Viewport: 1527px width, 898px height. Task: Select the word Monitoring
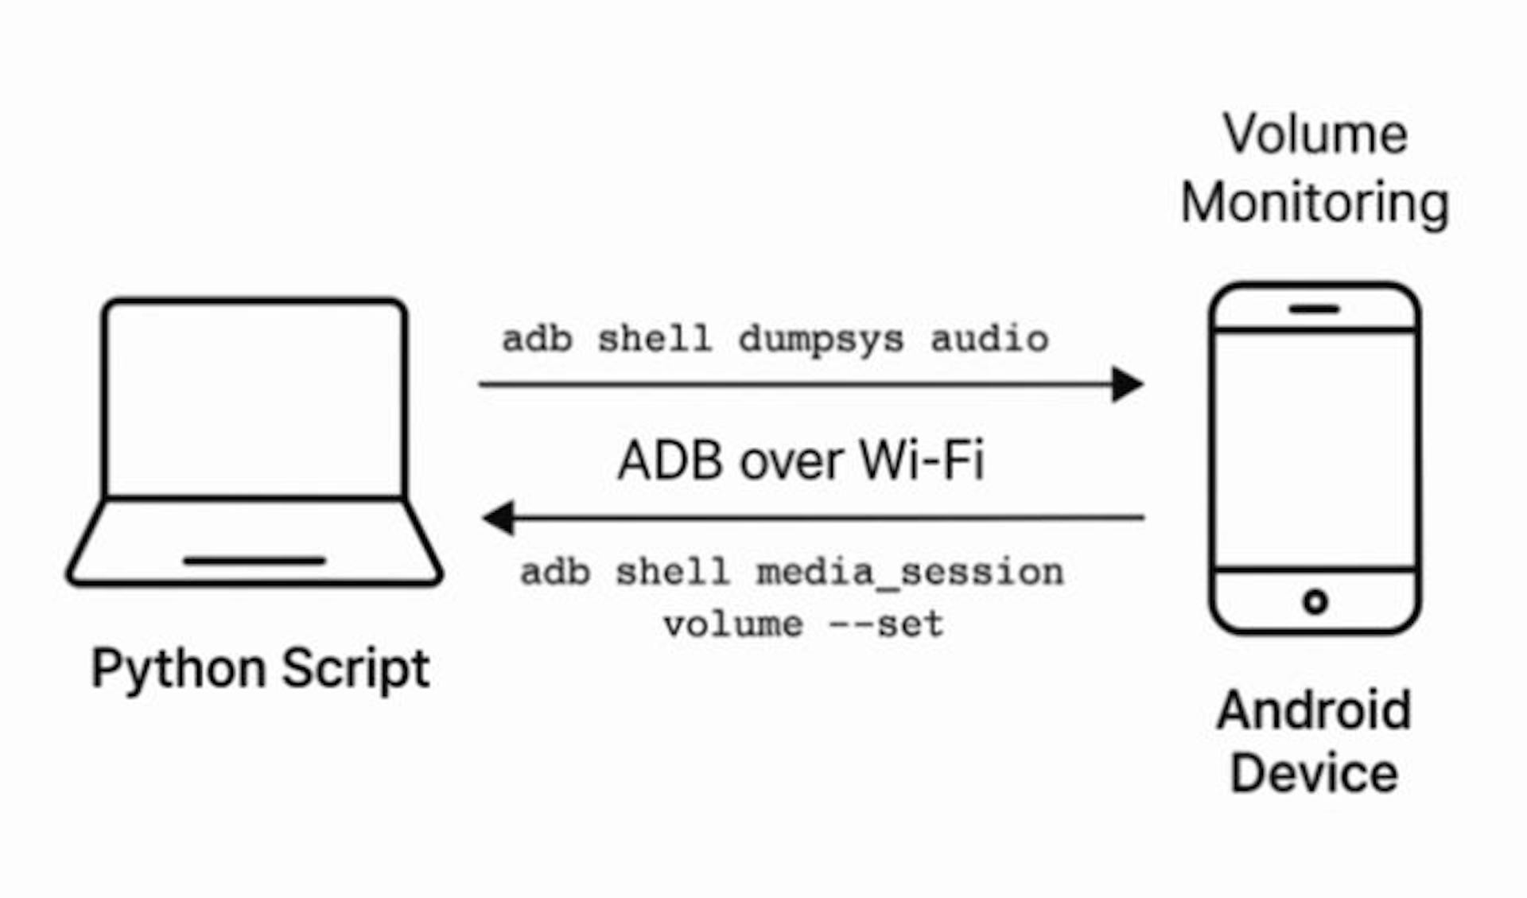[1315, 204]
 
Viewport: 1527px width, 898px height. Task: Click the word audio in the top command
[989, 339]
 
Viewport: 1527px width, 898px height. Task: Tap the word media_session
[910, 573]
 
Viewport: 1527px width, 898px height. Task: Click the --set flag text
[886, 624]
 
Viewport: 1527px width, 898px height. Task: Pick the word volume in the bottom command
[733, 624]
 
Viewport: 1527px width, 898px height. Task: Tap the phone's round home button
[1315, 601]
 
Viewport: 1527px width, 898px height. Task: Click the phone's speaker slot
[1315, 309]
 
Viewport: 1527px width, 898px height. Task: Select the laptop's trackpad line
[254, 561]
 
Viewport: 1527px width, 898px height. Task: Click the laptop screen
[254, 398]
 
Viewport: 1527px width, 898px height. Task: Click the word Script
[356, 668]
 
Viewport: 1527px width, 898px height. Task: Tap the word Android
[1315, 709]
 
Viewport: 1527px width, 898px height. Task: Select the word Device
[1315, 773]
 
